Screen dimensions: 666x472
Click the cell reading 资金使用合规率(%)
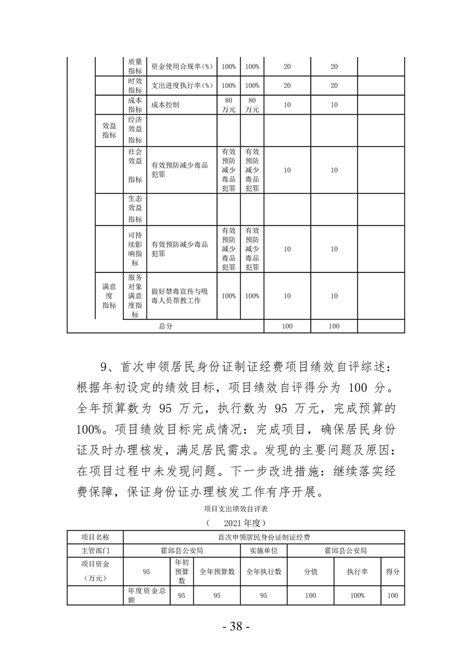click(181, 66)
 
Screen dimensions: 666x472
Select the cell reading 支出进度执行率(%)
click(181, 85)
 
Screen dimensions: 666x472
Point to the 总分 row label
click(165, 326)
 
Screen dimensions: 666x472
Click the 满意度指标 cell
click(109, 296)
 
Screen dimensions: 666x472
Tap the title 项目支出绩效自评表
click(235, 509)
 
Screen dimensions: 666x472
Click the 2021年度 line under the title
click(235, 523)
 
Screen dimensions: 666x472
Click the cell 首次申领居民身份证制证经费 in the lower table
click(264, 537)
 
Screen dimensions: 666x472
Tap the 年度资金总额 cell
click(147, 595)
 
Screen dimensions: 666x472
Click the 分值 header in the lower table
click(310, 571)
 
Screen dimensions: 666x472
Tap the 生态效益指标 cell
click(135, 208)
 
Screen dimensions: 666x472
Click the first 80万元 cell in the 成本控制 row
click(228, 104)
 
